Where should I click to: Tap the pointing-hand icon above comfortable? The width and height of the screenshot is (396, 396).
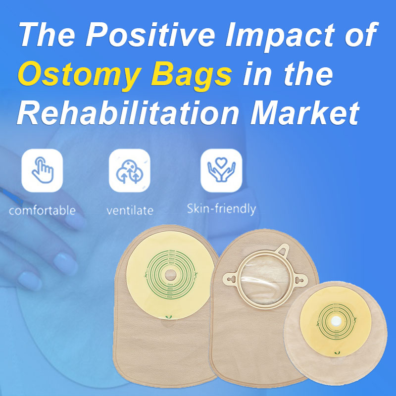[x=42, y=170]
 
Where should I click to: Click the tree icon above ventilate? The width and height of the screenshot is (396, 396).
[x=129, y=170]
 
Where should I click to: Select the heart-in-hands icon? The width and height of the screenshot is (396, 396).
[x=221, y=170]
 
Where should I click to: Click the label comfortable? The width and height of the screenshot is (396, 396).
[x=42, y=210]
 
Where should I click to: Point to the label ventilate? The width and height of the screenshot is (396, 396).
[x=130, y=211]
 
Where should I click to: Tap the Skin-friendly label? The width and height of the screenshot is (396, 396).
[x=221, y=209]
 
